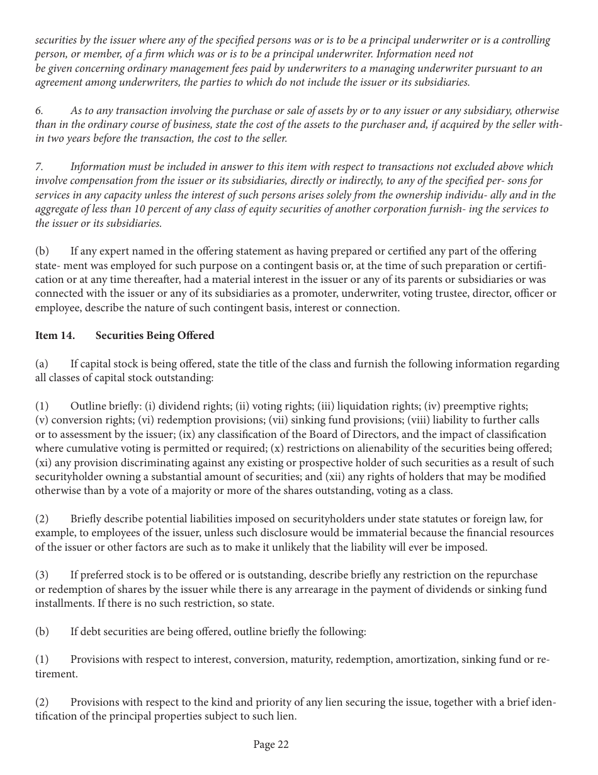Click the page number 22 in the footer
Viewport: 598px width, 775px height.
point(283,745)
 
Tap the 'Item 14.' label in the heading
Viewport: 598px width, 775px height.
point(55,335)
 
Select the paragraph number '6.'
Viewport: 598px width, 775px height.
point(39,110)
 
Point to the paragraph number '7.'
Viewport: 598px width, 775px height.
point(39,166)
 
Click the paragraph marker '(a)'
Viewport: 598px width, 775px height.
point(42,364)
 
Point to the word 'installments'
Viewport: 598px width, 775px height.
point(64,603)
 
